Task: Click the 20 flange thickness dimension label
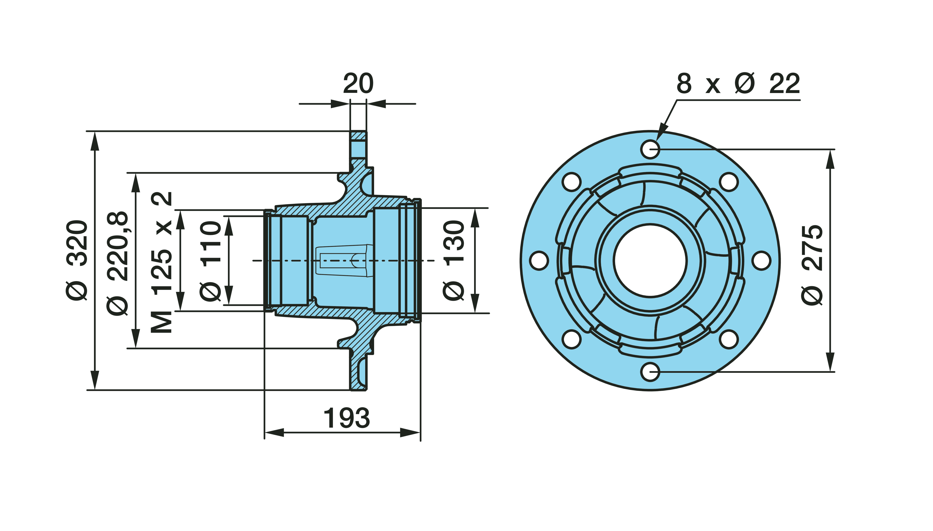pos(358,84)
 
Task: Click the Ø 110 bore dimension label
pos(211,261)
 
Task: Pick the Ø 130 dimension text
pos(454,260)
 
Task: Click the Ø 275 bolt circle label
pos(812,265)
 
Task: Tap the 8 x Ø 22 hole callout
pos(738,84)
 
